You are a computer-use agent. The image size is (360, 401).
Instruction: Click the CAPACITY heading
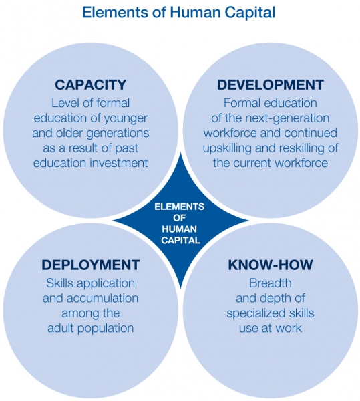point(91,85)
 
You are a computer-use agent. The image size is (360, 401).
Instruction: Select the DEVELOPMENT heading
point(271,85)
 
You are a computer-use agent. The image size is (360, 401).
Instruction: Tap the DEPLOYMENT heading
point(91,265)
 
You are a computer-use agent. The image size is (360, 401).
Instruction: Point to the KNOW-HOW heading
point(271,265)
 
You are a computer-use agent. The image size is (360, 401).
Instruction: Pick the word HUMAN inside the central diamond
point(180,229)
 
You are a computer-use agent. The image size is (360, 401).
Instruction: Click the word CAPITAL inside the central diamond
point(180,240)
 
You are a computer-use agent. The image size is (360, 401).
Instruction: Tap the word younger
point(126,118)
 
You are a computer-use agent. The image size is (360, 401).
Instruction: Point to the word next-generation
point(287,118)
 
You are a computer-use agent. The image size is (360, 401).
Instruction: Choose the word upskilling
point(227,148)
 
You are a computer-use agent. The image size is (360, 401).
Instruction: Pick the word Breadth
point(271,283)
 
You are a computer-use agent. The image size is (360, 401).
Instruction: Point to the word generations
point(118,134)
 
